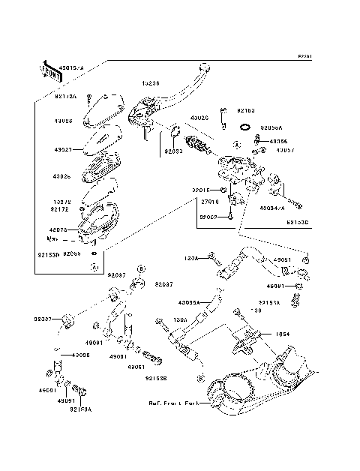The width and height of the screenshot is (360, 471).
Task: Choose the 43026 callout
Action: pyautogui.click(x=62, y=177)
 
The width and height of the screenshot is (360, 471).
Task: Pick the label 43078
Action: pyautogui.click(x=58, y=230)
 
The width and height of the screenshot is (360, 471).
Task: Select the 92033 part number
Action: pyautogui.click(x=174, y=151)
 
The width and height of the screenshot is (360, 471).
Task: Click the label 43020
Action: pyautogui.click(x=199, y=118)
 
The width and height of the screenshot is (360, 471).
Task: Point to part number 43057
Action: pyautogui.click(x=284, y=150)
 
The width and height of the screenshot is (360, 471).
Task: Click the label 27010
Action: pyautogui.click(x=209, y=202)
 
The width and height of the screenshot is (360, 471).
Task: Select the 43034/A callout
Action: pyautogui.click(x=272, y=208)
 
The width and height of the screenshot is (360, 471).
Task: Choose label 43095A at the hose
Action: pyautogui.click(x=189, y=303)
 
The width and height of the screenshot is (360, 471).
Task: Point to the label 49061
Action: pyautogui.click(x=136, y=367)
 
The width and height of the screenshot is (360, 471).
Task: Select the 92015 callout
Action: pyautogui.click(x=199, y=190)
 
